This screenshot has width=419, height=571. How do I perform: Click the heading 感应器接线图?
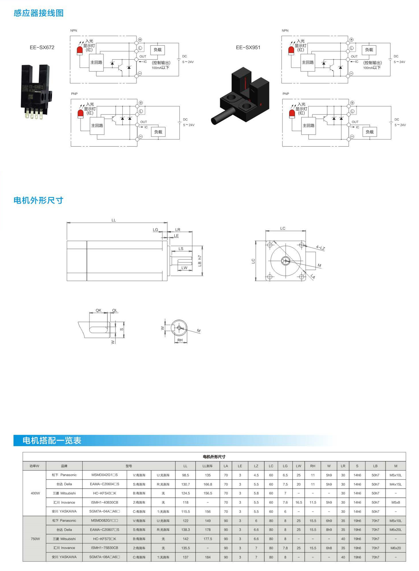pyautogui.click(x=39, y=13)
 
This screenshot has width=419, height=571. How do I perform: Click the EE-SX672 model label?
pyautogui.click(x=42, y=47)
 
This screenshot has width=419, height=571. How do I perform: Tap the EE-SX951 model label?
pyautogui.click(x=248, y=47)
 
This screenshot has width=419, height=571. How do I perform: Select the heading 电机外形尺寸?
pyautogui.click(x=38, y=200)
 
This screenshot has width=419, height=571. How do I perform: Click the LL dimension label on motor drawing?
pyautogui.click(x=113, y=220)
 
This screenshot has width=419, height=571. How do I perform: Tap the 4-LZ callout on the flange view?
pyautogui.click(x=320, y=248)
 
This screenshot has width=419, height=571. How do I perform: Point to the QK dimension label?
pyautogui.click(x=98, y=310)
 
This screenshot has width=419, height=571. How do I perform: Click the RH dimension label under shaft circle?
pyautogui.click(x=180, y=340)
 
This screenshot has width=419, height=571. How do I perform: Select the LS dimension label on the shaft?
pyautogui.click(x=181, y=248)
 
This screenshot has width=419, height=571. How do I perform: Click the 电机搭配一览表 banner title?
pyautogui.click(x=52, y=440)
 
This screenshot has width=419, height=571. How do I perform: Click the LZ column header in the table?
pyautogui.click(x=256, y=466)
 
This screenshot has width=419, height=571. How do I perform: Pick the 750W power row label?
pyautogui.click(x=35, y=539)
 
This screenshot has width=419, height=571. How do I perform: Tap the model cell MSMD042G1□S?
pyautogui.click(x=105, y=475)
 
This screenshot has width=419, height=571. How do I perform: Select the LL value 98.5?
pyautogui.click(x=185, y=475)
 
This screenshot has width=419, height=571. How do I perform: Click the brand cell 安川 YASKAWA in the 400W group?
pyautogui.click(x=64, y=511)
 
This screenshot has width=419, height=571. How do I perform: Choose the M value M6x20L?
pyautogui.click(x=395, y=530)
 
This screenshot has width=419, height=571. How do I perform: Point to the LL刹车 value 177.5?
pyautogui.click(x=208, y=539)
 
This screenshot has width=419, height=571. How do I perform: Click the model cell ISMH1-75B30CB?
pyautogui.click(x=105, y=548)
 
